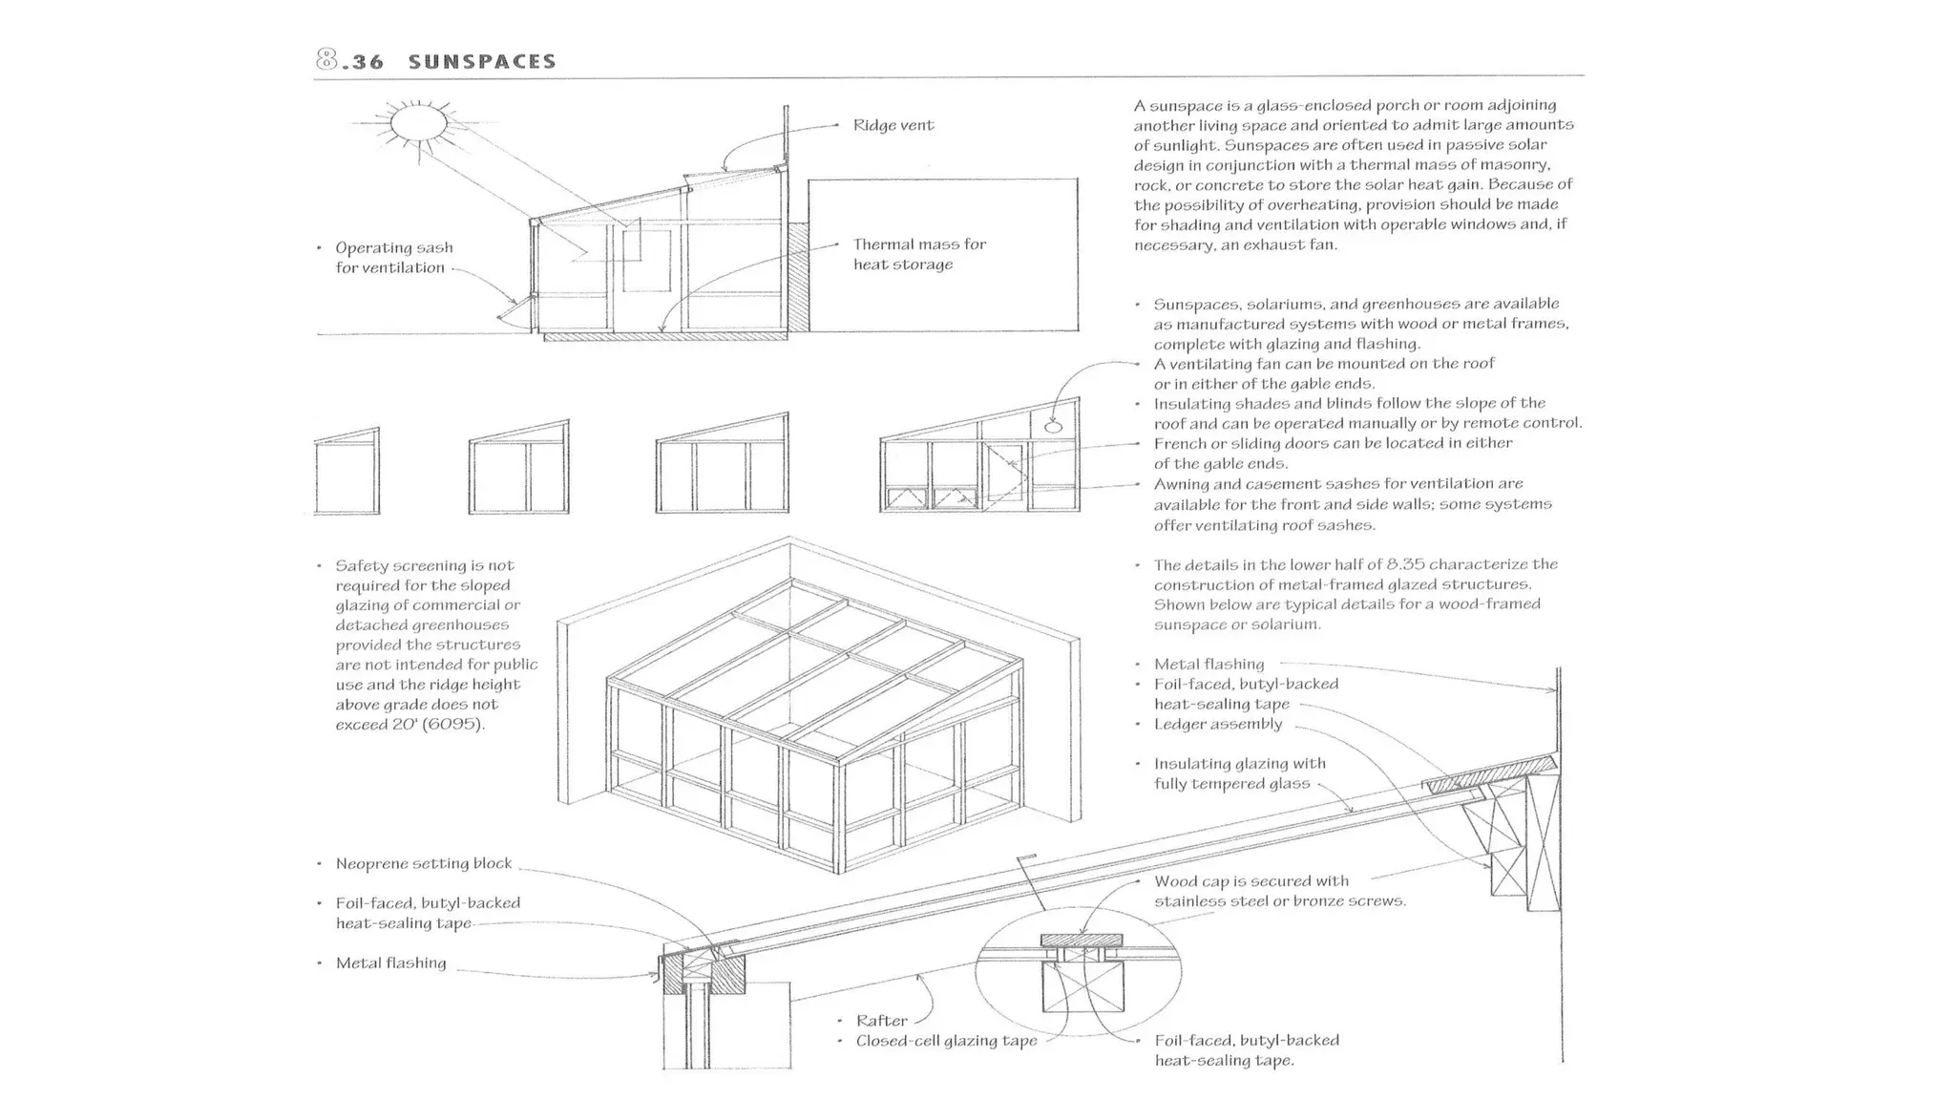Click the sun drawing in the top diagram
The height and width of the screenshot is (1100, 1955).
(x=418, y=123)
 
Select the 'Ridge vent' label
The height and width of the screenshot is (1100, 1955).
(x=893, y=125)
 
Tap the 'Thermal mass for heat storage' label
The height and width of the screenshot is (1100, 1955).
(x=918, y=254)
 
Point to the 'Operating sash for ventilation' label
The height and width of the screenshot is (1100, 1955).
(x=392, y=258)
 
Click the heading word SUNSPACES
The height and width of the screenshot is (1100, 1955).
(x=481, y=62)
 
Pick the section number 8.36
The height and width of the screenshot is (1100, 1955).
(x=349, y=61)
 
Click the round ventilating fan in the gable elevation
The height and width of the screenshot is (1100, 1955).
(x=1053, y=427)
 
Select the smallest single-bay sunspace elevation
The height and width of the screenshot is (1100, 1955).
(x=347, y=472)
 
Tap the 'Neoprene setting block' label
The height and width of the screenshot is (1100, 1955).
(x=423, y=864)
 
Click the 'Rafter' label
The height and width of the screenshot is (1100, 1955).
(x=881, y=1021)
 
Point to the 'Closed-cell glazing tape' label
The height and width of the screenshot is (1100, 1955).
(x=945, y=1041)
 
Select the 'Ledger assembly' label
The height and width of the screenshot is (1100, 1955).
(x=1217, y=724)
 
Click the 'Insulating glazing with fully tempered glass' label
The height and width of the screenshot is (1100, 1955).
(x=1238, y=773)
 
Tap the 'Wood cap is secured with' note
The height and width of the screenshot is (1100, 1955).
(x=1251, y=881)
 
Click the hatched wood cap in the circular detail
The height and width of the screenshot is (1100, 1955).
(x=1081, y=941)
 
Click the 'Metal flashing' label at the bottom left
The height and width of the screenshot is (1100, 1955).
(x=390, y=963)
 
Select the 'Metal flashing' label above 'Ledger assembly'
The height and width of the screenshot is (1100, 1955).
(x=1208, y=665)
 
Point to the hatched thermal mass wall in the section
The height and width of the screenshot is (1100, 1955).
(x=798, y=277)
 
